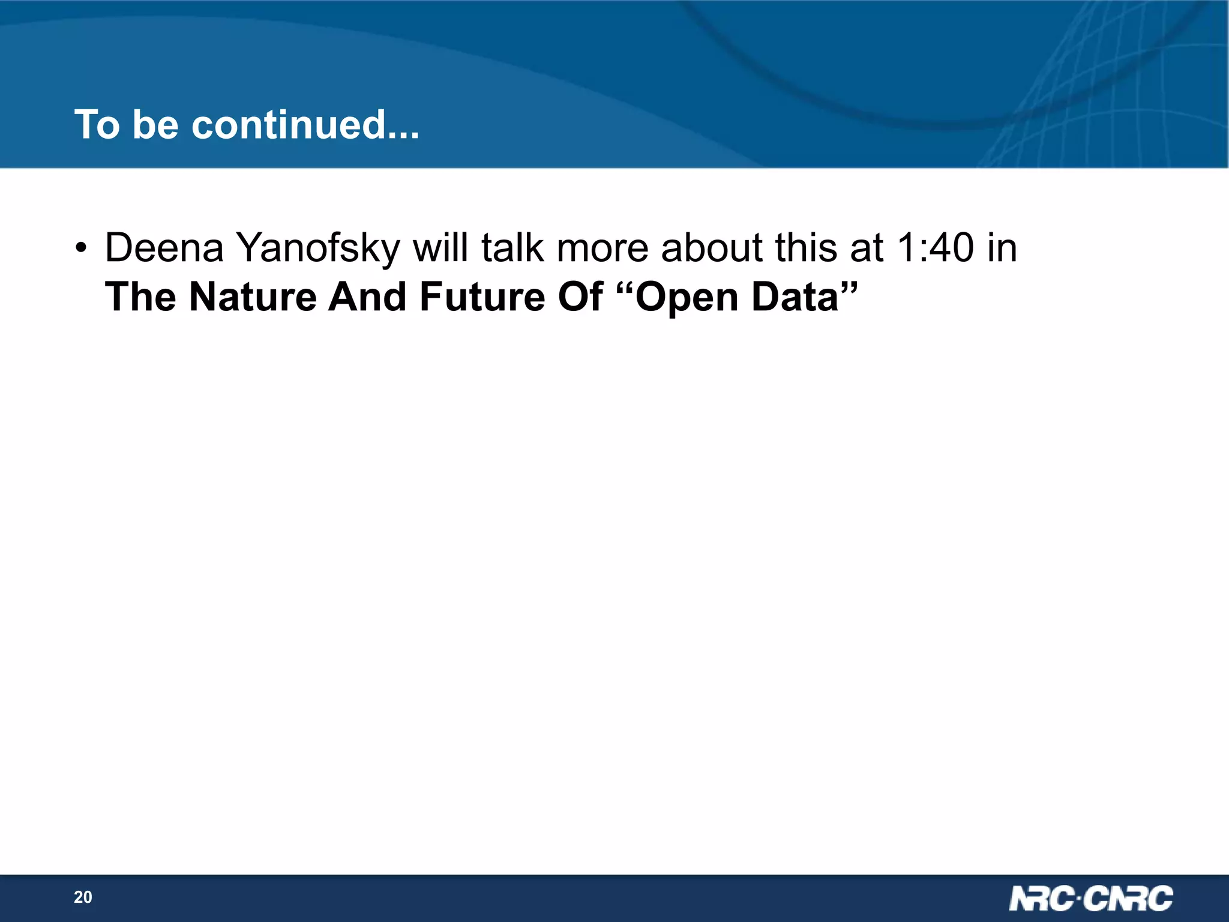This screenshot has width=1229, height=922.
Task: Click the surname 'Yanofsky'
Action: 317,249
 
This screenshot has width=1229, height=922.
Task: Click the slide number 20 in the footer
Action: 83,897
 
